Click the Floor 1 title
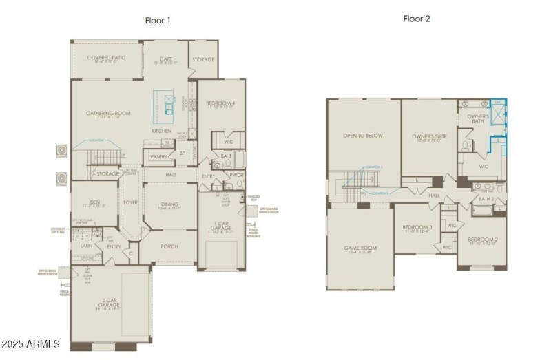(157, 21)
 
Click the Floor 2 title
(417, 19)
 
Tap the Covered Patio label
(105, 59)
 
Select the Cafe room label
(165, 60)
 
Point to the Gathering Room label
(108, 114)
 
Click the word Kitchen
(161, 131)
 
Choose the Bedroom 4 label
(220, 104)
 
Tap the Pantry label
(158, 157)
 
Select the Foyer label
(130, 202)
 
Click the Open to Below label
(362, 136)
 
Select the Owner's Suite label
(429, 136)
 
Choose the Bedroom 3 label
(417, 228)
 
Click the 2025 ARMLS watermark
(31, 343)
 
